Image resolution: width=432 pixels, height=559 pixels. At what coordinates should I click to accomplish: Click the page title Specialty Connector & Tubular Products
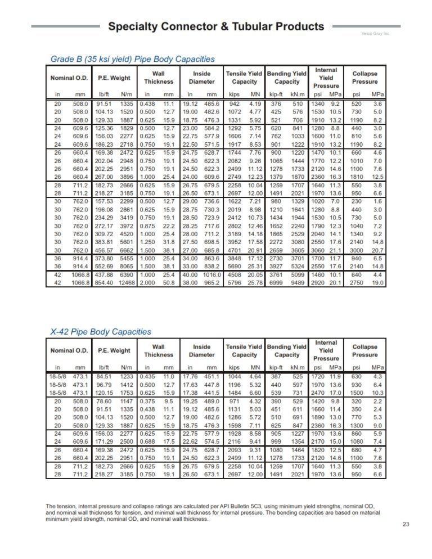215,26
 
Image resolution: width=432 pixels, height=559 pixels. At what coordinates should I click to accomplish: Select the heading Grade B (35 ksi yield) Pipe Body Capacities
132,58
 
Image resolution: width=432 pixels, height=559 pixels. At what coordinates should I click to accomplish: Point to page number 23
406,524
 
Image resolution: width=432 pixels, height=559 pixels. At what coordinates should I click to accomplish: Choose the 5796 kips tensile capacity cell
235,282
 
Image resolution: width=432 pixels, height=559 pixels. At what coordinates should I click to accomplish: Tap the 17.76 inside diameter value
191,376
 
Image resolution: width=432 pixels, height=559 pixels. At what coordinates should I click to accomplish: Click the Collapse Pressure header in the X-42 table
364,350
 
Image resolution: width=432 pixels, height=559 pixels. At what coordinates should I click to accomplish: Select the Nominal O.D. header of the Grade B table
69,78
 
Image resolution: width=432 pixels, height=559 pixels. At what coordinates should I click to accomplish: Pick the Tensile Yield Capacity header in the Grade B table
244,78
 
